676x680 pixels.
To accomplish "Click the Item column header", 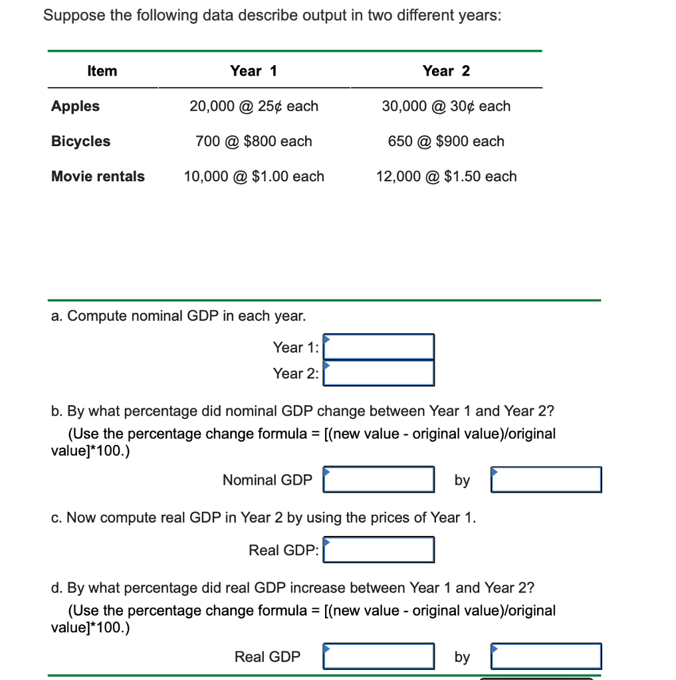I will (x=102, y=71).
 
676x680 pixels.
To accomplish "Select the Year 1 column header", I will (x=253, y=71).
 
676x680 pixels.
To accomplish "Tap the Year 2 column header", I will (x=446, y=71).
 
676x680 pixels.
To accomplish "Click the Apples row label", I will (x=75, y=106).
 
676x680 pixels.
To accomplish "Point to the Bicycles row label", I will (x=80, y=141).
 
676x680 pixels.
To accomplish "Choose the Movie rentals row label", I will (x=98, y=177).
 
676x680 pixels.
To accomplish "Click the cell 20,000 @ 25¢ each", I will (x=254, y=106).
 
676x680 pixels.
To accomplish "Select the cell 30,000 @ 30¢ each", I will (x=446, y=106).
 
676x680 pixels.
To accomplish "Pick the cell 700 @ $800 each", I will (x=254, y=141).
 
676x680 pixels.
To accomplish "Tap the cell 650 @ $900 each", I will (x=446, y=141).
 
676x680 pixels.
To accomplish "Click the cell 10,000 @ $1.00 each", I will (x=254, y=177).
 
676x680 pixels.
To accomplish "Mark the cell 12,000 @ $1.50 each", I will (x=446, y=177).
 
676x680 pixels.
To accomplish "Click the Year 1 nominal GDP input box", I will (x=379, y=347).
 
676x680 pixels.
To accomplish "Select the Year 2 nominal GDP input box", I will (x=379, y=373).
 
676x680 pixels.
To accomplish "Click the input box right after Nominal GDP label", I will (x=379, y=479).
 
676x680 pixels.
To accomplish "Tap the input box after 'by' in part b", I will (x=546, y=479).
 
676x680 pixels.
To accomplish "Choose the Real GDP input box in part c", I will (x=379, y=550).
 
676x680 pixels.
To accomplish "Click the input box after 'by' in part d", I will (x=546, y=656).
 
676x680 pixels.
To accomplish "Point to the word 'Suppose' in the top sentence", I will (x=74, y=16).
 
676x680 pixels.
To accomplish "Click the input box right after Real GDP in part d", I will (x=379, y=656).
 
